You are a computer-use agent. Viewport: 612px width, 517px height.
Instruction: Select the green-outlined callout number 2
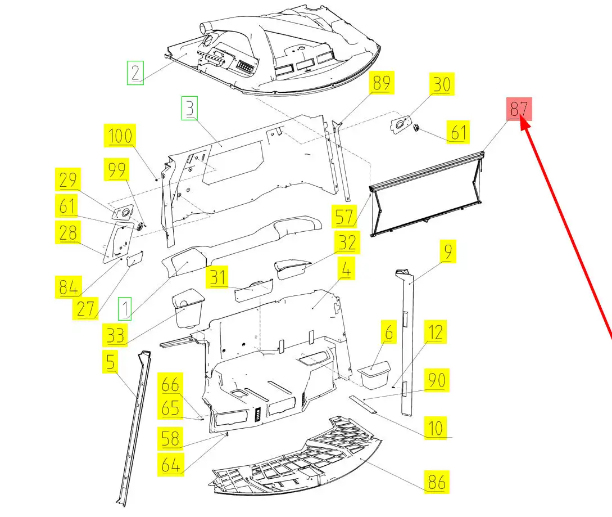tap(135, 73)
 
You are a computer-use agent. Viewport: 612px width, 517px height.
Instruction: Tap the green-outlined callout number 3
tap(190, 107)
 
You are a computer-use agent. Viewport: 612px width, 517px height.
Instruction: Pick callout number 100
tap(120, 136)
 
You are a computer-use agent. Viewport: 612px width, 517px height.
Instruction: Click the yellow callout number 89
tap(382, 83)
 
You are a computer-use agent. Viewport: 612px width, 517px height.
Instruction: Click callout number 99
tap(117, 169)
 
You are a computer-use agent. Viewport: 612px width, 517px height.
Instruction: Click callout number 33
tap(116, 336)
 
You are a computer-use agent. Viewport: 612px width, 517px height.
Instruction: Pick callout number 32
tap(347, 243)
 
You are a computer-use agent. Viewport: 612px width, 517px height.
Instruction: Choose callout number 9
tap(447, 251)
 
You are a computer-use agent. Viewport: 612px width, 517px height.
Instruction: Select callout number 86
tap(437, 482)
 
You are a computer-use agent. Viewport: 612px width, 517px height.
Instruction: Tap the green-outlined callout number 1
tap(125, 309)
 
